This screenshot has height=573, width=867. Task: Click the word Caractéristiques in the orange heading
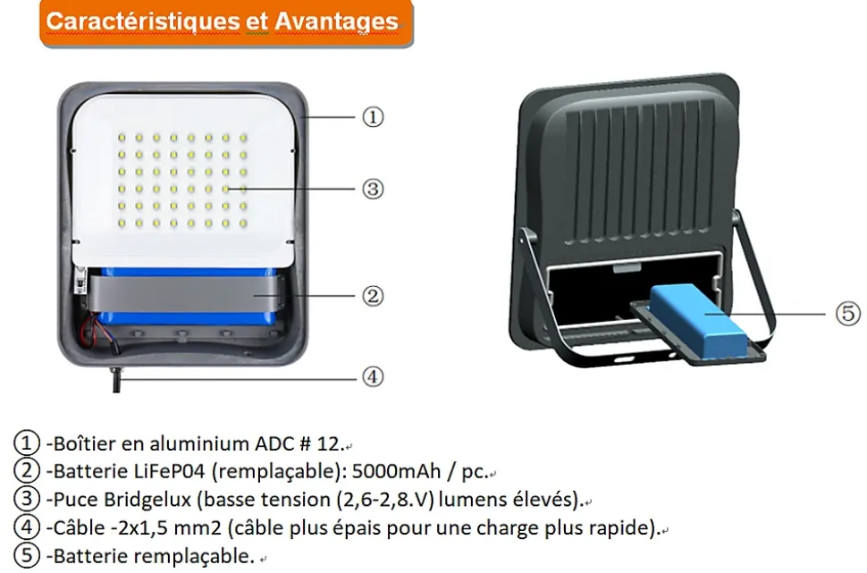point(143,21)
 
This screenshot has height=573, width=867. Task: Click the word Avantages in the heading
point(336,22)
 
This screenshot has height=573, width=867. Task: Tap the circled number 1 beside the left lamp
point(373,117)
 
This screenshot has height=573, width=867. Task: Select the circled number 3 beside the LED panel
point(373,189)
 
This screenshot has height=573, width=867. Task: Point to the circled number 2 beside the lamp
point(373,295)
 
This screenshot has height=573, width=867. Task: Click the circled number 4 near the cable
point(373,376)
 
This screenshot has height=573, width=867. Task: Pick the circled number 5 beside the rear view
point(848,314)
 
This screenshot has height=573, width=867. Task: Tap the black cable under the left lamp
point(116,379)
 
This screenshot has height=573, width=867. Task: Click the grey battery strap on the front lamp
point(187,293)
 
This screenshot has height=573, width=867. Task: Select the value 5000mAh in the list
point(396,471)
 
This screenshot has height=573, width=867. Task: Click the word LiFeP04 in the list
point(169,471)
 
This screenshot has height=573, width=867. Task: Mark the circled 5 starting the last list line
point(27,556)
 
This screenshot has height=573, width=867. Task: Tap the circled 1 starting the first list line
point(27,443)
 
